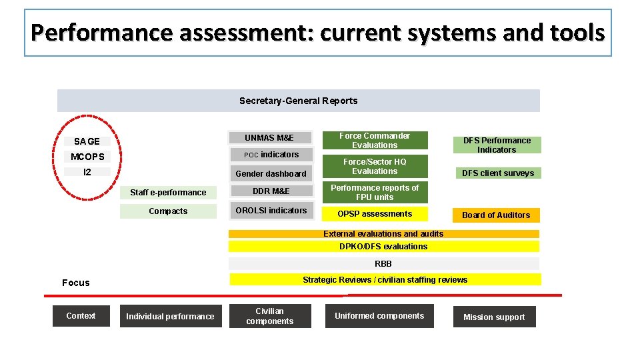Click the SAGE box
tap(87, 141)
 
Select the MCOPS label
tap(87, 157)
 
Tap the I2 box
tap(87, 172)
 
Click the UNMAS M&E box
tap(269, 137)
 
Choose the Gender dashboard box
tap(271, 174)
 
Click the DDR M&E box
tap(271, 191)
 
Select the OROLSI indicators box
tap(271, 211)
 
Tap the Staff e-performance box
tap(168, 193)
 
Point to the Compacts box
tap(168, 211)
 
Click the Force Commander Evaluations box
tap(375, 141)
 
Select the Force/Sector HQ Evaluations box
tap(375, 167)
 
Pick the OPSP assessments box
tap(375, 214)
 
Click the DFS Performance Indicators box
tap(497, 145)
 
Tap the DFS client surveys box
tap(498, 173)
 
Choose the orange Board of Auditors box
tap(496, 215)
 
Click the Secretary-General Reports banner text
tap(298, 101)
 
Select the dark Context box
tap(81, 316)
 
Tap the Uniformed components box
tap(379, 316)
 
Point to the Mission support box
tap(494, 317)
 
